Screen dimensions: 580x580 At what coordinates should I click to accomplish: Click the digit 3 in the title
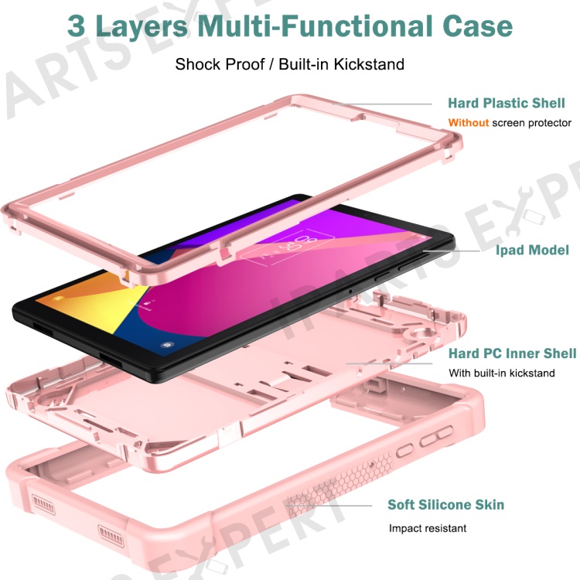[77, 26]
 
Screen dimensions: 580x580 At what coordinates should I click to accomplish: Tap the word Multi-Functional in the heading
[316, 26]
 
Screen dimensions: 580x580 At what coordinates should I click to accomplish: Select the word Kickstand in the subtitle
[369, 64]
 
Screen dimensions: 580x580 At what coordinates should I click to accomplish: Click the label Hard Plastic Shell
[507, 103]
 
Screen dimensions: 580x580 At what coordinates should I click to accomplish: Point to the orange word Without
[469, 122]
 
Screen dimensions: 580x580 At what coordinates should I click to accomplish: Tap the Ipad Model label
[532, 251]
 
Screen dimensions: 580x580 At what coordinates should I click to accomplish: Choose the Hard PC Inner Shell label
[512, 353]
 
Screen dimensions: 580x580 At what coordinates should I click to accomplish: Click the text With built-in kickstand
[502, 373]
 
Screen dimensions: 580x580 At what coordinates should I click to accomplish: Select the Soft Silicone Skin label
[445, 504]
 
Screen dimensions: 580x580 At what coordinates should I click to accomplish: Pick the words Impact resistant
[428, 528]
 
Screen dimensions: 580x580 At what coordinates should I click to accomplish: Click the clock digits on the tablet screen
[299, 244]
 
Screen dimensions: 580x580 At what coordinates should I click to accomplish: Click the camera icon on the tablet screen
[167, 345]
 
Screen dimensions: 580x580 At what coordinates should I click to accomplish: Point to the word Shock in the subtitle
[197, 64]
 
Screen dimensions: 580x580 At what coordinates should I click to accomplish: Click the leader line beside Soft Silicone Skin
[329, 505]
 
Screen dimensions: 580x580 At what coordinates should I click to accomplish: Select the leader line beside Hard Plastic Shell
[382, 104]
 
